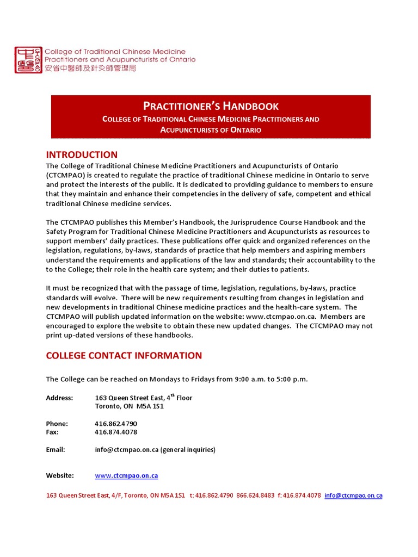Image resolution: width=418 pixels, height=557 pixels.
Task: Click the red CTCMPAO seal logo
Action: coord(28,60)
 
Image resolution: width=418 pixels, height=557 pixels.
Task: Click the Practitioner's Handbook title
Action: coord(211,106)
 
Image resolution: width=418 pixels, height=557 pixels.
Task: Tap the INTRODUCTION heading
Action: coord(82,154)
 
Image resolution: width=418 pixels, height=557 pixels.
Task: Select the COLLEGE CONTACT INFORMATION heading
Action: coord(124,356)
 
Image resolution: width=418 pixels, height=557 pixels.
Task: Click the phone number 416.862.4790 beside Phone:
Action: coord(116,424)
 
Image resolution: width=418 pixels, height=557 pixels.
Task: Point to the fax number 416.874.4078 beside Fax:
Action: coord(116,432)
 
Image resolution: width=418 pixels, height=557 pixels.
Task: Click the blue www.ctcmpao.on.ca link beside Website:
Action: coord(126,476)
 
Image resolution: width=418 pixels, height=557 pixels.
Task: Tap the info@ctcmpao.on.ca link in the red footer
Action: coord(353,496)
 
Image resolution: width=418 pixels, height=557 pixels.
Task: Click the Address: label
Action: coord(59,398)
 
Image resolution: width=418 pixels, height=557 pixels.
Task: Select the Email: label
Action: coord(56,450)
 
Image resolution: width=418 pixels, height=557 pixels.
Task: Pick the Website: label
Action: coord(60,476)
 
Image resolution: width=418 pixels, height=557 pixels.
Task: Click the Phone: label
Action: coord(57,424)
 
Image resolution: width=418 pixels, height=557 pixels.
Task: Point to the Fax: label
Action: coord(52,432)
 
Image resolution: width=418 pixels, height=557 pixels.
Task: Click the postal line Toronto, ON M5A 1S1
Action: coord(130,406)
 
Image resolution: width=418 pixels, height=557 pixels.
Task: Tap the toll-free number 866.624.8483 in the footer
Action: coord(255,496)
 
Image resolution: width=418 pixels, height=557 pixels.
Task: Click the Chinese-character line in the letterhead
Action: coord(90,69)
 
